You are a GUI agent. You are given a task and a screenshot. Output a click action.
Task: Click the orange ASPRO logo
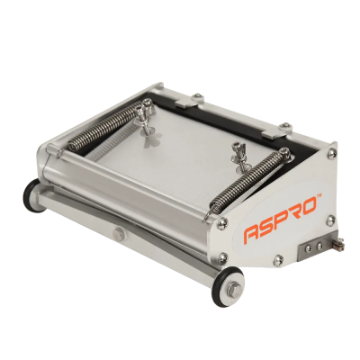tap(283, 224)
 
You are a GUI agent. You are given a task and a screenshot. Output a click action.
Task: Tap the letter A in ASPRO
tap(253, 234)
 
